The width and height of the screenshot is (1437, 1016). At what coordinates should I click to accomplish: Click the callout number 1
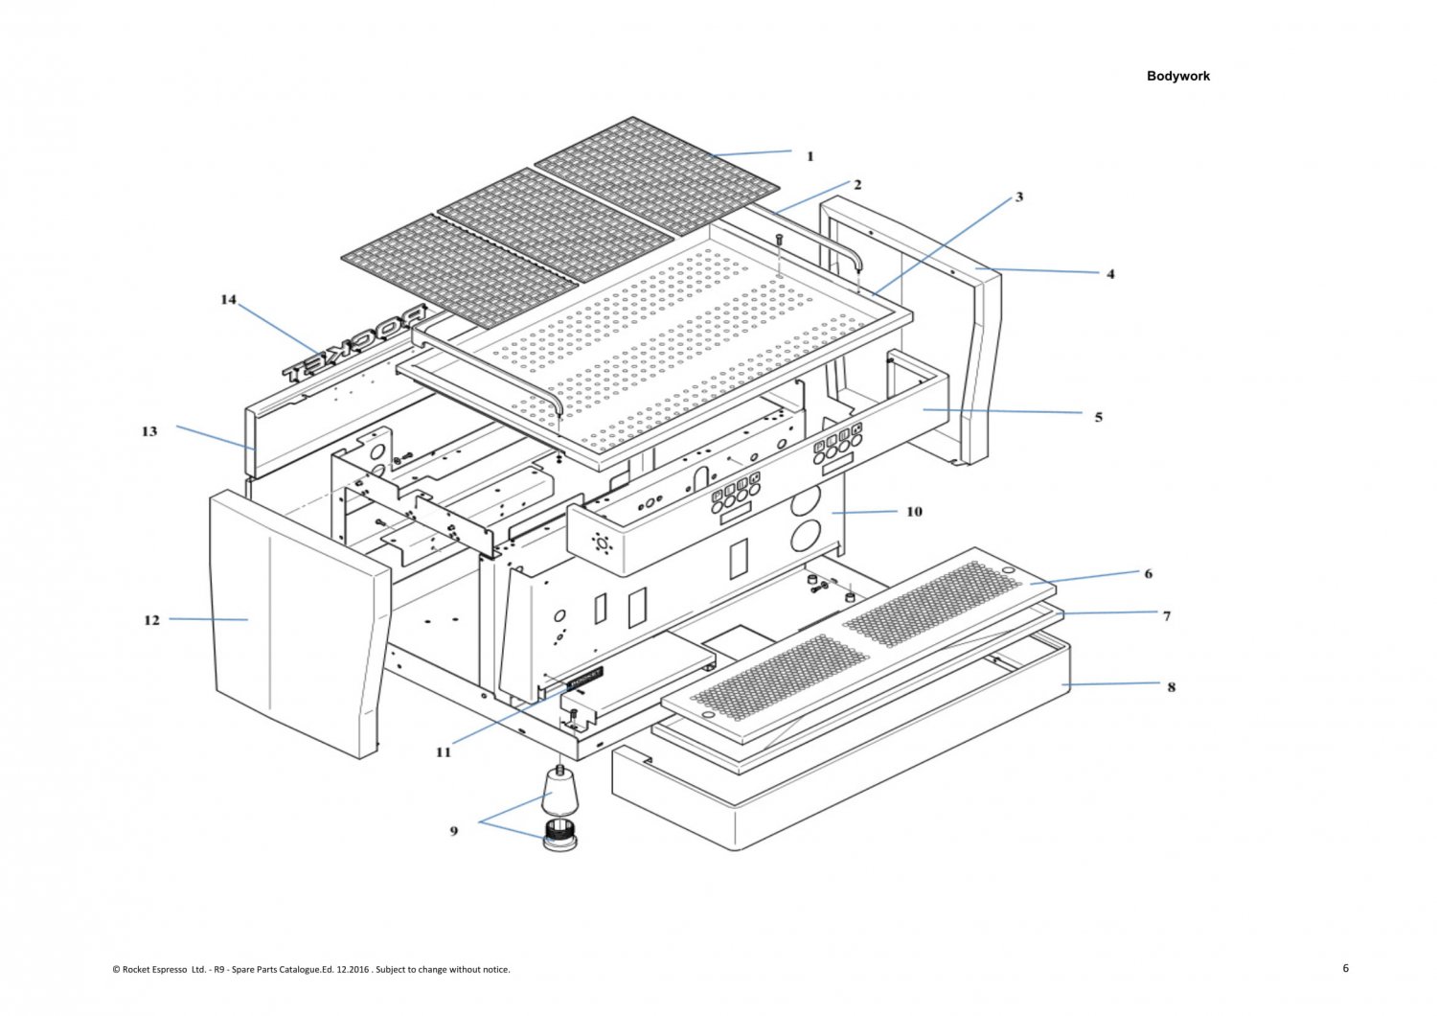click(810, 156)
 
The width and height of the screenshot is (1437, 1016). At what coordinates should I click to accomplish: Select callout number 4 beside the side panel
click(1110, 274)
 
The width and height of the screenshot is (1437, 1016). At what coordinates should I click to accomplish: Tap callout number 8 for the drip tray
click(1171, 687)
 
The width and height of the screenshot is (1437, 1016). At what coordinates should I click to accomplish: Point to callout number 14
click(228, 300)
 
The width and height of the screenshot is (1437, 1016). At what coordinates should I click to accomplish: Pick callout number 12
click(151, 620)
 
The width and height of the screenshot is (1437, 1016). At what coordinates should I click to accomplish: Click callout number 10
click(914, 512)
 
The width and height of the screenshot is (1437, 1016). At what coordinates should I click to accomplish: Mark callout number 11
click(443, 752)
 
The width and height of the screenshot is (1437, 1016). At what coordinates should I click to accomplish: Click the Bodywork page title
click(1177, 76)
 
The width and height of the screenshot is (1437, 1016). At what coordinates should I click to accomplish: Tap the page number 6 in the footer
click(1345, 968)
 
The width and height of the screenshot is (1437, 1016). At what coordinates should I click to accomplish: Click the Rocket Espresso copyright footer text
click(311, 969)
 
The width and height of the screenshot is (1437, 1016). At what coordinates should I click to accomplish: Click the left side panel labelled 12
click(287, 623)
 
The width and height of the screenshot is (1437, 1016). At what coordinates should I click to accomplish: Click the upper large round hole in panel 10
click(807, 499)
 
